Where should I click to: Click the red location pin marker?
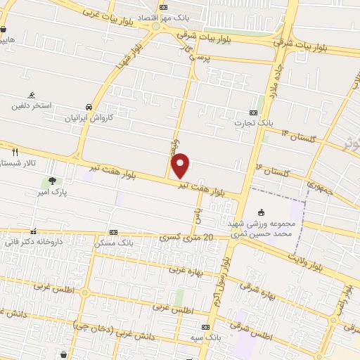tap(181, 165)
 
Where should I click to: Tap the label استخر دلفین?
tap(32, 106)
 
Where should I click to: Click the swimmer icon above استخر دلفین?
tap(32, 95)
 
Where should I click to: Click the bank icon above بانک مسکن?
tap(113, 232)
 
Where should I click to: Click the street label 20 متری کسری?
tap(182, 238)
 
